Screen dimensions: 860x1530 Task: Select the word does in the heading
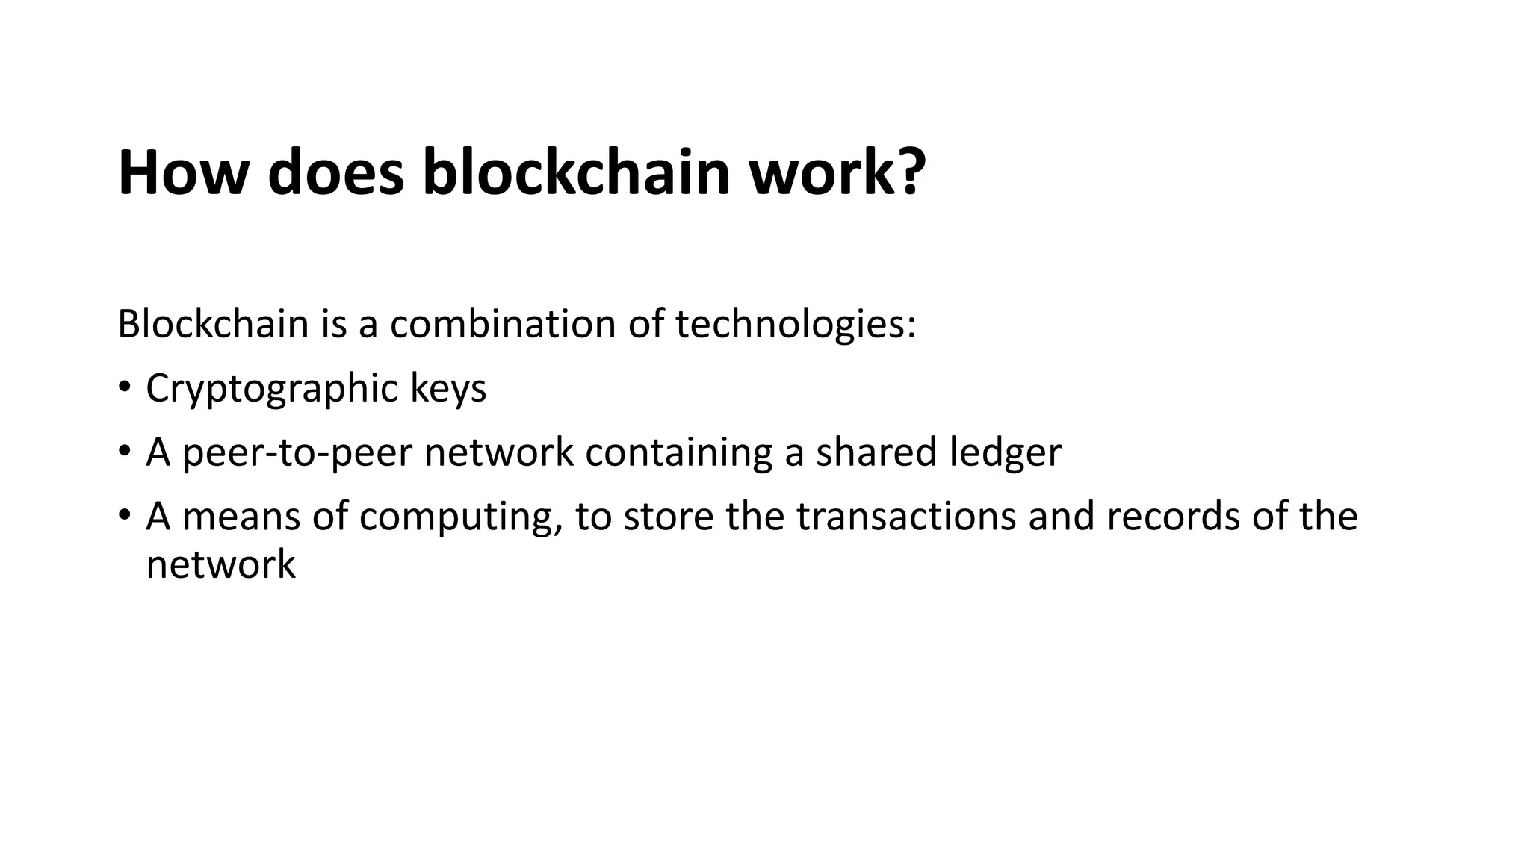(335, 173)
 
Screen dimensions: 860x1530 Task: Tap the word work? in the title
(837, 173)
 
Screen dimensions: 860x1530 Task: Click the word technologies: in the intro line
(795, 324)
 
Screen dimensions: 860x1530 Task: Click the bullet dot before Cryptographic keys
(125, 388)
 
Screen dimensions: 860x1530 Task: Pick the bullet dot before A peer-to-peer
(125, 452)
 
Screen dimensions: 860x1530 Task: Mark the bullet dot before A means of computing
(125, 517)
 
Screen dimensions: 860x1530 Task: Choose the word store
(668, 517)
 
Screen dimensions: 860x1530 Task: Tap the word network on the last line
(220, 564)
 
